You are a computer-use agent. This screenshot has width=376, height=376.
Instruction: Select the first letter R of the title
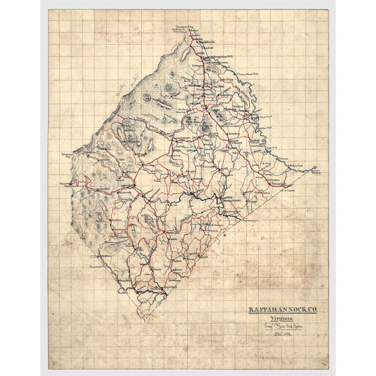coord(250,289)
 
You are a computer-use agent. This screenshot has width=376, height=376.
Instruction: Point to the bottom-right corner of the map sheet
coord(328,368)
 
